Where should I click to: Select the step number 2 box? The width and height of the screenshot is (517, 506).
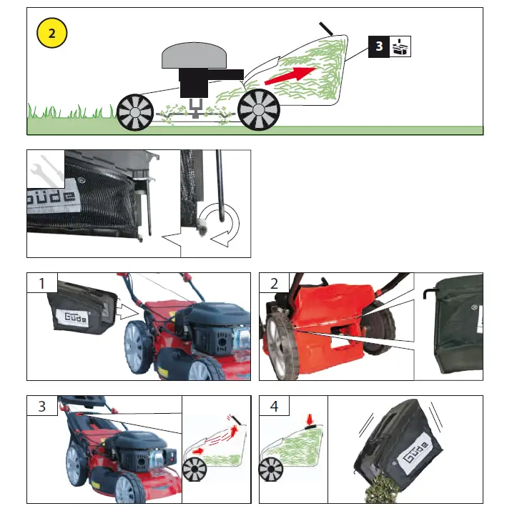pyautogui.click(x=272, y=284)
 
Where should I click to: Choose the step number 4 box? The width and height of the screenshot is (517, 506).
pyautogui.click(x=272, y=406)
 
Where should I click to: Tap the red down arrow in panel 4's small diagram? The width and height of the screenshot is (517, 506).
pyautogui.click(x=310, y=417)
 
